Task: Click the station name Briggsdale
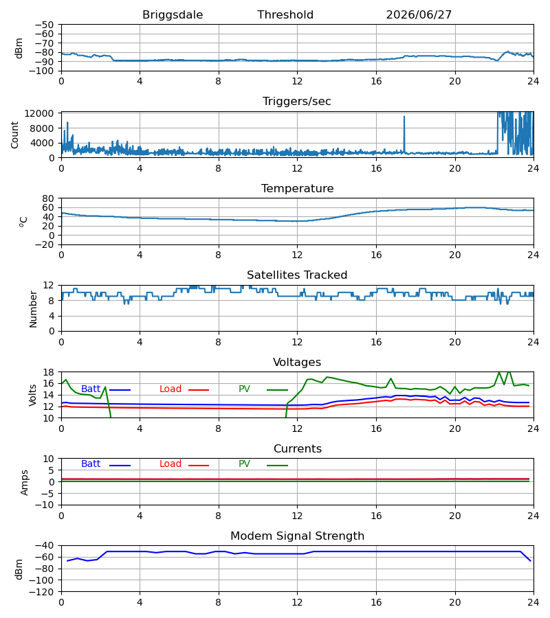[x=173, y=15]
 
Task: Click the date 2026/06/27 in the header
[x=419, y=15]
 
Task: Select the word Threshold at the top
[x=285, y=15]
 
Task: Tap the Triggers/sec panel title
[x=297, y=102]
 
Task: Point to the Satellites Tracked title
[x=297, y=275]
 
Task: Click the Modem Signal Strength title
[x=297, y=536]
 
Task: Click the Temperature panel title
[x=297, y=188]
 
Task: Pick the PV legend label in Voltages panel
[x=244, y=389]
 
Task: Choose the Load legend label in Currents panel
[x=170, y=464]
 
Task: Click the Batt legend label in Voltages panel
[x=91, y=389]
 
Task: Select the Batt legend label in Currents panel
[x=91, y=464]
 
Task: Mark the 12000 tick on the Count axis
[x=39, y=113]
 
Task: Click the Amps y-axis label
[x=25, y=482]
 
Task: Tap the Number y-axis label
[x=33, y=309]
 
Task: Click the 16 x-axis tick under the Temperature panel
[x=376, y=255]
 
